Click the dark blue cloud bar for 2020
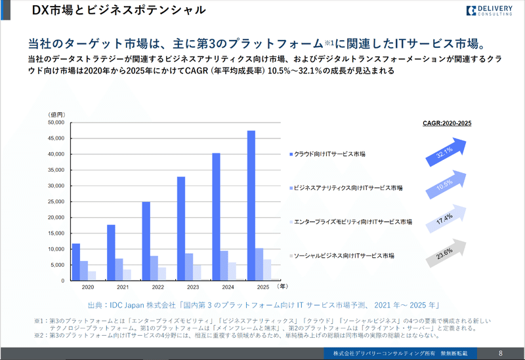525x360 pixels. click(x=76, y=262)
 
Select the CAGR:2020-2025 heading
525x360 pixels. click(x=448, y=123)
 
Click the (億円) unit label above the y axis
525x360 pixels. click(x=58, y=114)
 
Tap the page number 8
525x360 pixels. click(x=501, y=353)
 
